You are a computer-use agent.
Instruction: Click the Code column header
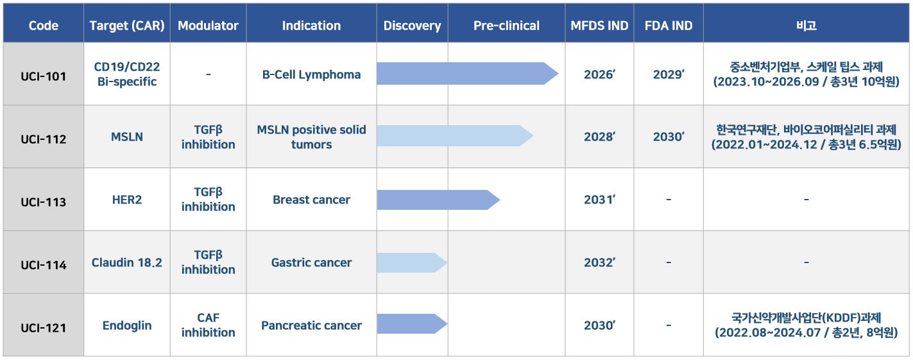[x=44, y=26]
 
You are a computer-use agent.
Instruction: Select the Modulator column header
[x=208, y=26]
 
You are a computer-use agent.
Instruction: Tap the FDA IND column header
[x=669, y=26]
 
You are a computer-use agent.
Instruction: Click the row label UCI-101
[x=44, y=76]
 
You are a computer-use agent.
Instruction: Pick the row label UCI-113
[x=44, y=201]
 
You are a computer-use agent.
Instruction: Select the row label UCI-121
[x=44, y=328]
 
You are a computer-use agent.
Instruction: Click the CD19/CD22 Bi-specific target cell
[x=127, y=74]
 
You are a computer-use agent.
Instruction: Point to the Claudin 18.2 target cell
[x=127, y=262]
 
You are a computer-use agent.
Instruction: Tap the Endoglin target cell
[x=127, y=325]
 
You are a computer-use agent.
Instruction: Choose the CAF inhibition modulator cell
[x=209, y=325]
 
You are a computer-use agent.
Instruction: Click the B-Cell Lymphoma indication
[x=311, y=74]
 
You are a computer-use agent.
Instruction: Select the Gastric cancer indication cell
[x=311, y=262]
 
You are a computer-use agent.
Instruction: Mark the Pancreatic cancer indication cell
[x=311, y=325]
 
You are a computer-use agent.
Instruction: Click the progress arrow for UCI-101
[x=468, y=73]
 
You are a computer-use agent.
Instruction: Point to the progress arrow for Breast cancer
[x=439, y=200]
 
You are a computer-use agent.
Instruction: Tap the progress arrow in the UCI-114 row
[x=412, y=263]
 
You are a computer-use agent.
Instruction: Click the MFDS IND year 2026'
[x=599, y=74]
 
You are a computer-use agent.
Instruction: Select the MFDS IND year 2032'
[x=599, y=262]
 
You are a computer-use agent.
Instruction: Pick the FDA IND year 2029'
[x=669, y=74]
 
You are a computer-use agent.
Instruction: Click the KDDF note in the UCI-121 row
[x=806, y=325]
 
